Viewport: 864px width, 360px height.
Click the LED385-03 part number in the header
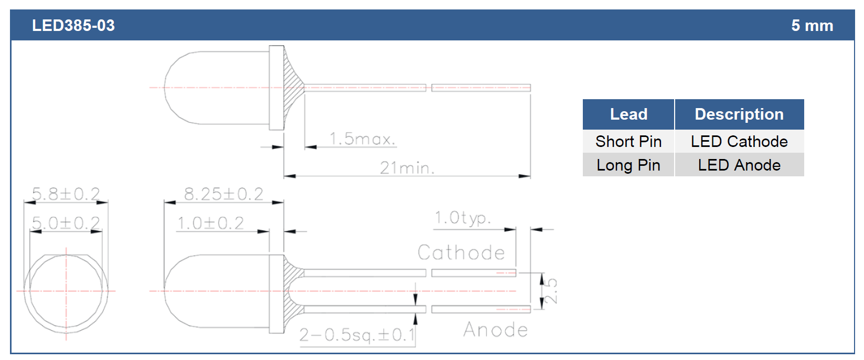point(73,26)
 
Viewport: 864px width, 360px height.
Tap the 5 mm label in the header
point(812,26)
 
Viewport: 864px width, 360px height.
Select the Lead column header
point(628,114)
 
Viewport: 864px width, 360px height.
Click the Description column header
point(739,114)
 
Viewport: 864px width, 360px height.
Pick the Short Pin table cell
point(628,141)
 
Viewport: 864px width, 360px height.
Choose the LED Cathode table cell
point(739,141)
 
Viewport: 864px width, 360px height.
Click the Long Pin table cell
point(628,165)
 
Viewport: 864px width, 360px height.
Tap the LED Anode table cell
point(739,165)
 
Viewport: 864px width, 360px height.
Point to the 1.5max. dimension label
point(362,139)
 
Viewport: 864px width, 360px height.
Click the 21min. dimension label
point(407,168)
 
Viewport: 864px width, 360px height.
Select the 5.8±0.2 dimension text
point(66,194)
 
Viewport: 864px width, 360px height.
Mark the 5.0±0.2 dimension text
point(66,223)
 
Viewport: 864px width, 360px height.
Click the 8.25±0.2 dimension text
point(223,194)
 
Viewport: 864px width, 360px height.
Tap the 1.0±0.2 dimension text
point(210,223)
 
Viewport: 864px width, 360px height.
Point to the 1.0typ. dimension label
point(463,218)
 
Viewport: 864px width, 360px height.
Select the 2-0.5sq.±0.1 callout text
point(358,335)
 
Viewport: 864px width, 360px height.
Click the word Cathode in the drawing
point(461,253)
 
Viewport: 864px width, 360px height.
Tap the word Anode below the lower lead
point(496,330)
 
